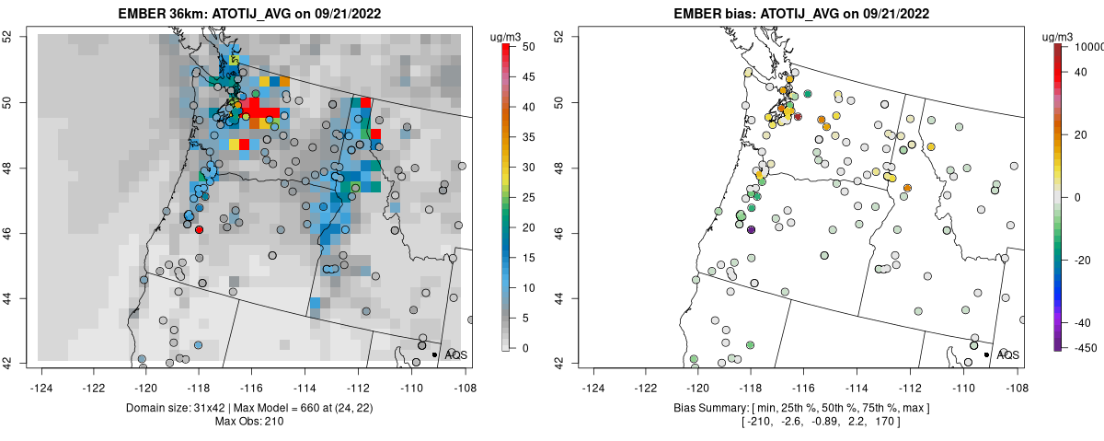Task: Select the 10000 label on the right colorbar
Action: click(1091, 46)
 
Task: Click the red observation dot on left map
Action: click(200, 230)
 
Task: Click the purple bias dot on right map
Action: click(751, 229)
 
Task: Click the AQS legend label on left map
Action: click(456, 354)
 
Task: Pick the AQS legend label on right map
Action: click(1008, 354)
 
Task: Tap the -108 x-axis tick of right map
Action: click(1016, 377)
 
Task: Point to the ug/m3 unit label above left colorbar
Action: click(508, 36)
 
